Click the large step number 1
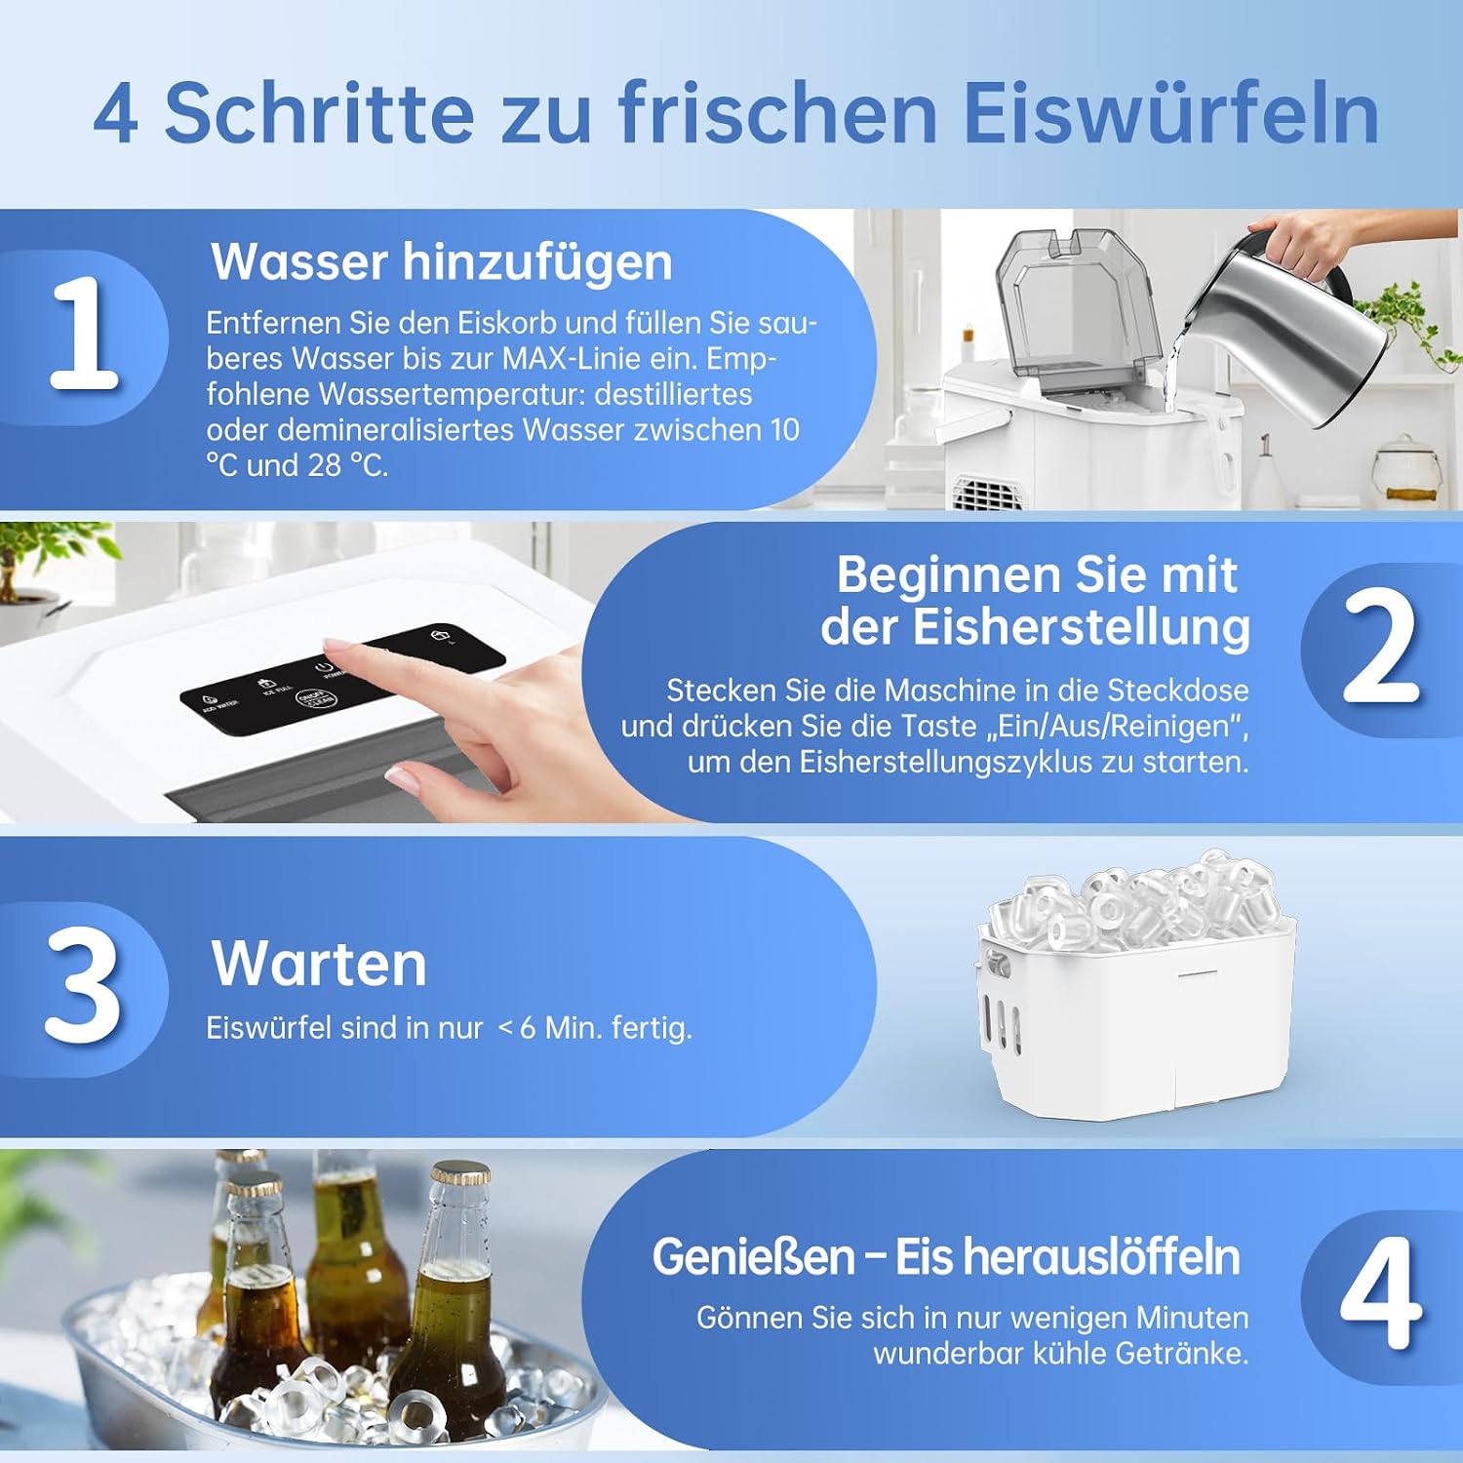point(84,334)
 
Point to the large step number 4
point(1380,1292)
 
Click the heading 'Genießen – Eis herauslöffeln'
point(946,1256)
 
